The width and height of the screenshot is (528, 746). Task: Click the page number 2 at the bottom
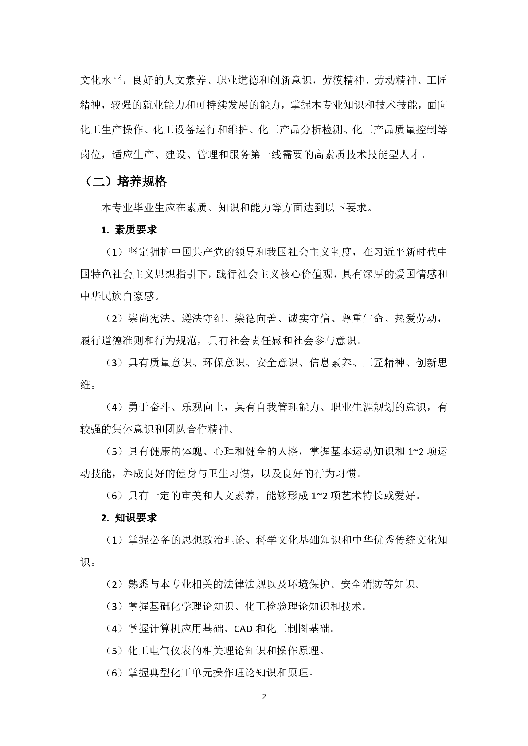pos(264,697)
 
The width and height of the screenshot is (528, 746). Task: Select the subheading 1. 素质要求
pos(129,230)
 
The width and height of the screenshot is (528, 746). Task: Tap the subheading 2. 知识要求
pos(129,518)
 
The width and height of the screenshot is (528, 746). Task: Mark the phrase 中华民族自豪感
pos(117,296)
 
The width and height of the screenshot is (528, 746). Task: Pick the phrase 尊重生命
pos(363,319)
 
